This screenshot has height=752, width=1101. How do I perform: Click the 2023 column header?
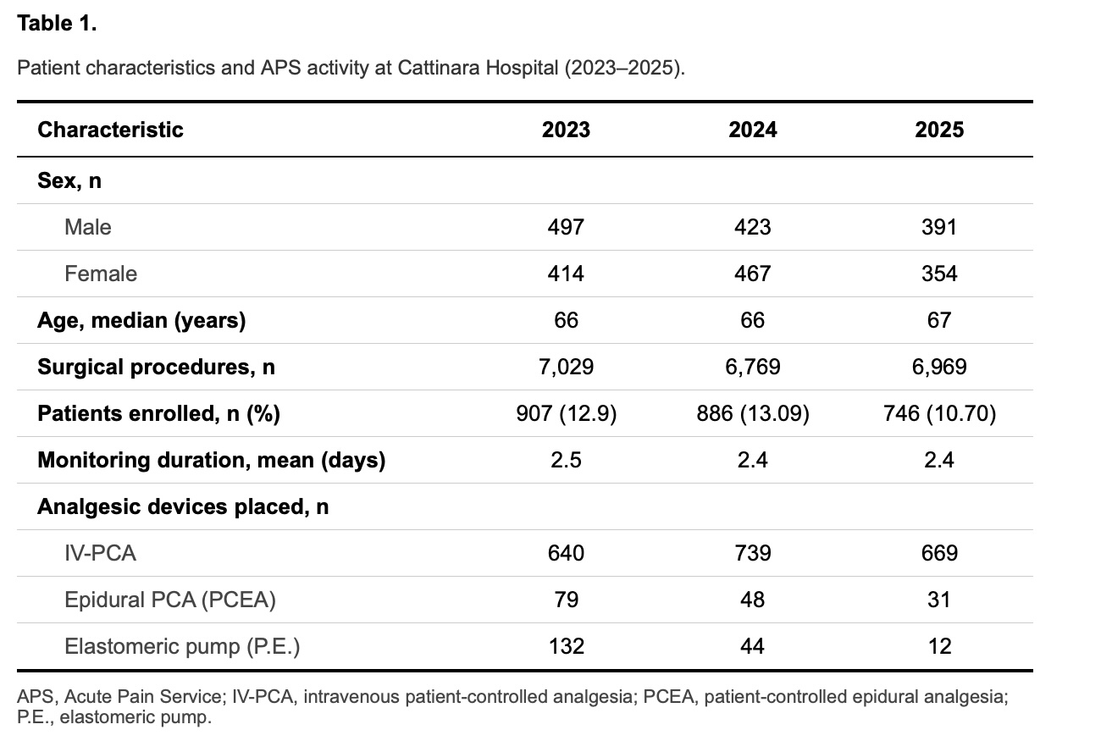[566, 130]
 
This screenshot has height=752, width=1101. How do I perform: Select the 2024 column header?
[753, 130]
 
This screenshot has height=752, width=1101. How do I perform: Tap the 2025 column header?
[939, 130]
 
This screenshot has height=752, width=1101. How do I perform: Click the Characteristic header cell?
[110, 130]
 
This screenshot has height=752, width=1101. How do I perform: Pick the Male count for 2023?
[566, 227]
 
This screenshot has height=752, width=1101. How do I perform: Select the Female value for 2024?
[753, 274]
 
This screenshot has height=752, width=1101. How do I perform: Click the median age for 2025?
[939, 320]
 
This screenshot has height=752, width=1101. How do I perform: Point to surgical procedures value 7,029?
[566, 367]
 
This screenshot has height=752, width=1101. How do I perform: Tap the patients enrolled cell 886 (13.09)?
[753, 413]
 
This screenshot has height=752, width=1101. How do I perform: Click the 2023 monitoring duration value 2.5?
[566, 460]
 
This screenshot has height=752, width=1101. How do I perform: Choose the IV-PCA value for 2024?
[753, 553]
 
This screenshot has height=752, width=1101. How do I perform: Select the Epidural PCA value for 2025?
[939, 600]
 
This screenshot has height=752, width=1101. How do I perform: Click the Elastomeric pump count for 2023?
[566, 646]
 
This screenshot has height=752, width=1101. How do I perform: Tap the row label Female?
[101, 274]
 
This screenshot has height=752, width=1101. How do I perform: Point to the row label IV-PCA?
[100, 553]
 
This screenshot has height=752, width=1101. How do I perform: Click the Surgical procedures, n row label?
[156, 368]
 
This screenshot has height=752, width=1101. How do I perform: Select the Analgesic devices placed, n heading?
[183, 506]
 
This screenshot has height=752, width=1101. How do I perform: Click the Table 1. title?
[57, 23]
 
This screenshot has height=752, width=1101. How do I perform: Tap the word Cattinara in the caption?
[439, 68]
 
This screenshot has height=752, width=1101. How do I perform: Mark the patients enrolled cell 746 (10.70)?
[939, 413]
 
